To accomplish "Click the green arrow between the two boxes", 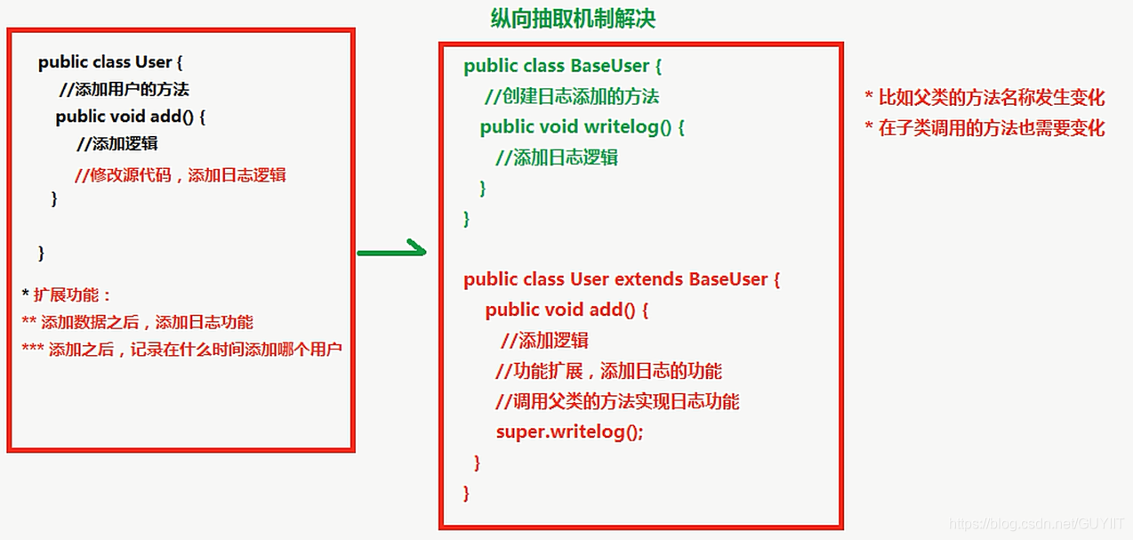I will tap(391, 253).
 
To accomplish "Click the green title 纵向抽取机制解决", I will tap(573, 19).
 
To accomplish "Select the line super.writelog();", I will tap(569, 431).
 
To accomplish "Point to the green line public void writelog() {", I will tap(583, 126).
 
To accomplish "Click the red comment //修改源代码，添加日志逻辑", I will tap(181, 174).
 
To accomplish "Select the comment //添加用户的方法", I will tap(124, 89).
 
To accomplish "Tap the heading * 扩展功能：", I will tap(68, 295).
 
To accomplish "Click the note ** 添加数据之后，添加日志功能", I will tap(138, 322).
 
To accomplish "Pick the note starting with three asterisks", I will tap(181, 350).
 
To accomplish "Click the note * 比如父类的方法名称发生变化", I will tap(984, 98).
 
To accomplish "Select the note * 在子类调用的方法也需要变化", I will tap(984, 128).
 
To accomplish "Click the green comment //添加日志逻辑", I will tap(557, 157).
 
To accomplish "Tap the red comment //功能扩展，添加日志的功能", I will tap(608, 371).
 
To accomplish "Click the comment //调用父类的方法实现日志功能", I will tap(617, 401).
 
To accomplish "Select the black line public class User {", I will tap(110, 62).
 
